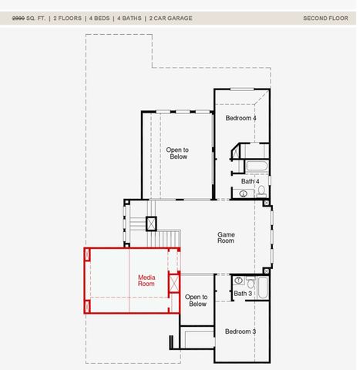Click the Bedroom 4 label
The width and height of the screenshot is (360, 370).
tap(241, 118)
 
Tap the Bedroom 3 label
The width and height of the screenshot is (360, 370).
tap(241, 331)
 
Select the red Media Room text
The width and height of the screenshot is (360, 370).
tap(146, 281)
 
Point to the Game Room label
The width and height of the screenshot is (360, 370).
tap(226, 237)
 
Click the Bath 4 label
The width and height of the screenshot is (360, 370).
tap(250, 181)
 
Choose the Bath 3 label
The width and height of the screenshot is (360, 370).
tap(243, 294)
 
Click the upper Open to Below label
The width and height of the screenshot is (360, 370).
tap(177, 153)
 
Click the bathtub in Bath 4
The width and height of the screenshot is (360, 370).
tap(256, 167)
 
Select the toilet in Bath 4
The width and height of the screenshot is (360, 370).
tap(262, 190)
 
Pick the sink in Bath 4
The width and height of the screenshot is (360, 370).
tap(244, 193)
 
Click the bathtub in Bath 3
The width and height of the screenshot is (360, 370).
tap(261, 288)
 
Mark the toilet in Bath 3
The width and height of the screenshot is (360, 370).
tap(251, 283)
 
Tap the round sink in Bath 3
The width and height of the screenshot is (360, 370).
tap(239, 281)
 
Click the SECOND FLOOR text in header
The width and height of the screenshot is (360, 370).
tap(325, 18)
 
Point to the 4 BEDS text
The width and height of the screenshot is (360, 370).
tap(99, 18)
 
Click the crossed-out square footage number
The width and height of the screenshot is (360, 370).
tap(18, 18)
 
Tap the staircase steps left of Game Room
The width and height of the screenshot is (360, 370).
tap(137, 224)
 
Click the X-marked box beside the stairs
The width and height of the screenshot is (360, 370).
tap(151, 224)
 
